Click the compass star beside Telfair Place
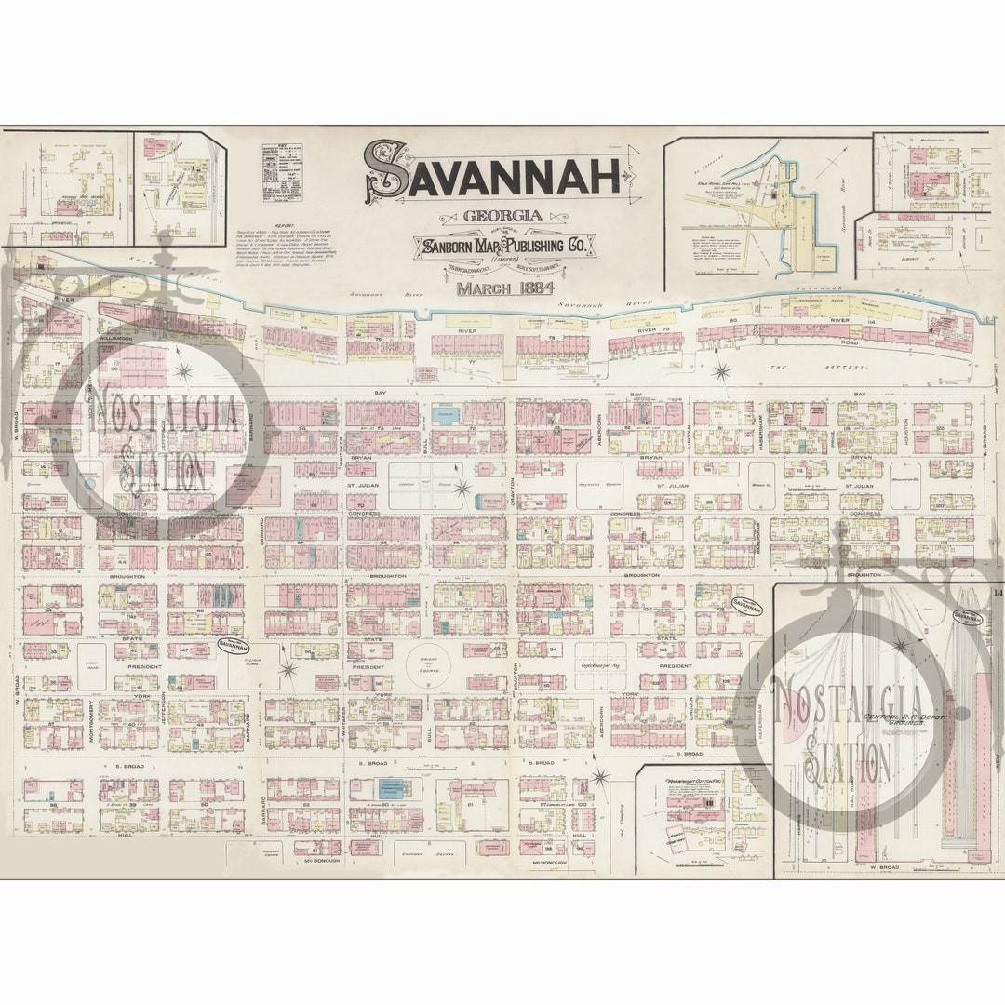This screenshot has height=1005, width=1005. point(288,668)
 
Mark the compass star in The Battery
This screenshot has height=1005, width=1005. point(721,372)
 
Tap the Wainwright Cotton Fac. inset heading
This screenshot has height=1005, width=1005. point(696,782)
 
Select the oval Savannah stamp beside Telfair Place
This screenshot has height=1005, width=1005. point(233,644)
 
